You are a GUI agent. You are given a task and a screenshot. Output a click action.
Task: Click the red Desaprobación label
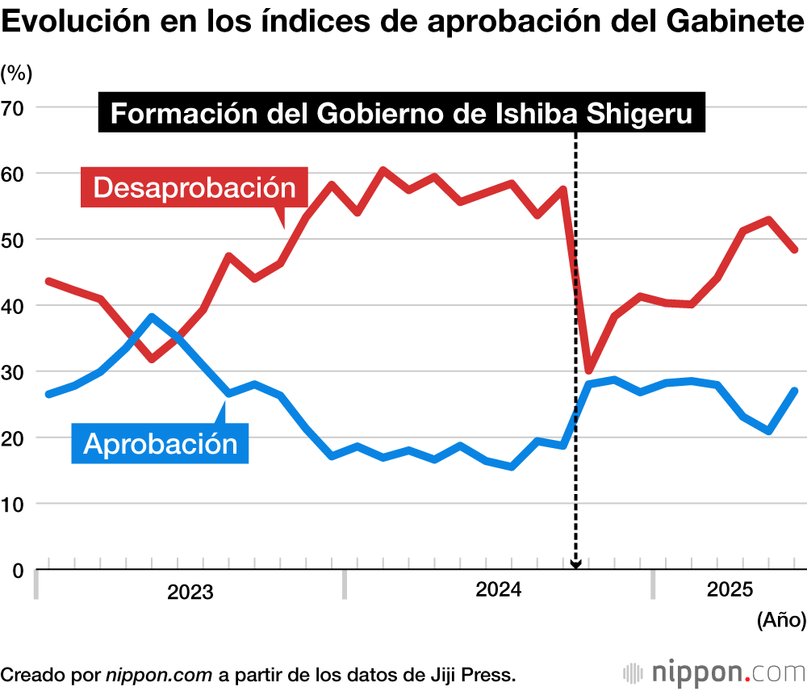[x=194, y=187]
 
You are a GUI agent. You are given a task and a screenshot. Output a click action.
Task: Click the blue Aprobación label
[x=161, y=442]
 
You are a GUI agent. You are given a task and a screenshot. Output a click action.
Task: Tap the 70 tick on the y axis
[x=15, y=107]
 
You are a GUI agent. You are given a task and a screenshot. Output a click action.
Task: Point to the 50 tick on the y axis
[x=15, y=240]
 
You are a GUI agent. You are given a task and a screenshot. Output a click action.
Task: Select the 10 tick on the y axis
[x=15, y=504]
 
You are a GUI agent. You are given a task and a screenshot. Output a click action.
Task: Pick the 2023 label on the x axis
[x=190, y=593]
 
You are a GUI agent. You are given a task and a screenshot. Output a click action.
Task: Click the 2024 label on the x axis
[x=499, y=591]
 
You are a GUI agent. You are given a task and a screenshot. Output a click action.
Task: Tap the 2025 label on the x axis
[x=730, y=590]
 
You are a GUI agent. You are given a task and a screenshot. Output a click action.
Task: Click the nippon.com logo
[x=713, y=672]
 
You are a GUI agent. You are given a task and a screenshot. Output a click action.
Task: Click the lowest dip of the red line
[x=589, y=371]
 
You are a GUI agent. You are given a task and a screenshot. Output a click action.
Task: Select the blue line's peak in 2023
[x=152, y=316]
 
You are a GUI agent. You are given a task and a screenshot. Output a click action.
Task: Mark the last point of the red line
[x=794, y=249]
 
